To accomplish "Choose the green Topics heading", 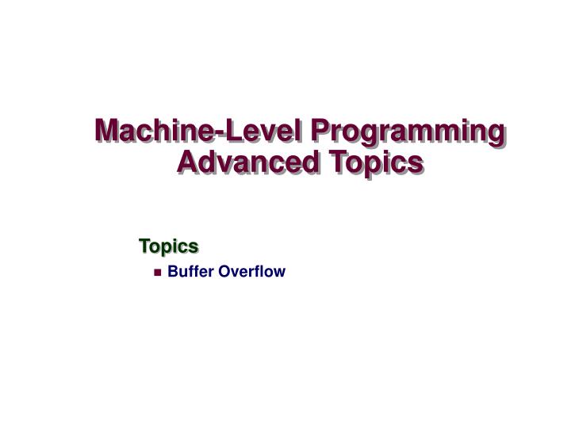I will coord(167,246).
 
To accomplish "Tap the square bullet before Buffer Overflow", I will coord(158,273).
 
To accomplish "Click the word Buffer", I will coord(190,272).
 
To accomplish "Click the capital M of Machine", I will coord(108,132).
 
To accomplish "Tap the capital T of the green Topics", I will coord(144,246).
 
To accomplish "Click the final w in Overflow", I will coord(279,273).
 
